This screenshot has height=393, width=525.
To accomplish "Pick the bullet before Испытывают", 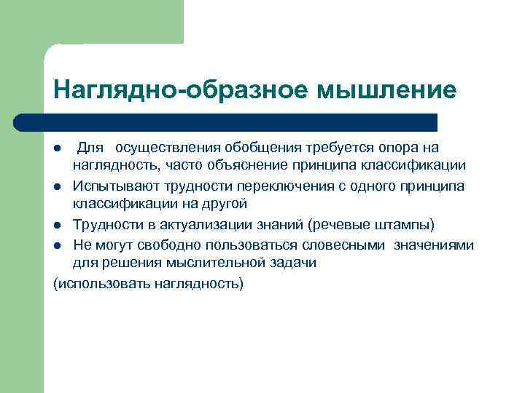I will (58, 187).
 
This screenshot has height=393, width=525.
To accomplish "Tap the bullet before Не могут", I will (58, 245).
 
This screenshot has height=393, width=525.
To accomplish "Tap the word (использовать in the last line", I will (101, 282).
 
